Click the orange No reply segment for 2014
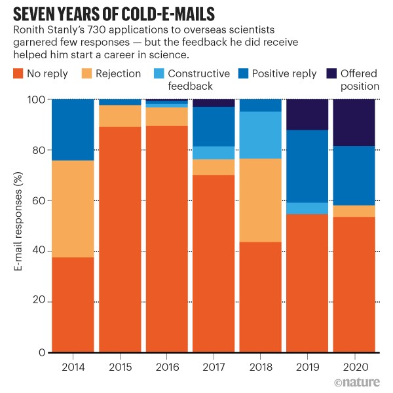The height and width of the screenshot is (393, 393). point(73,305)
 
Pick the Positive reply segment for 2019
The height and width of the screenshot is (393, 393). point(307,166)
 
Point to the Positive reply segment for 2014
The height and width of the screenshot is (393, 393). point(73,130)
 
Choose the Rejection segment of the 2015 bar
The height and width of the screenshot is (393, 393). point(120,116)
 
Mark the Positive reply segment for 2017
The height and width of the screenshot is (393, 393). point(214,126)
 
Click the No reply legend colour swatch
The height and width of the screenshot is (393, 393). point(18,74)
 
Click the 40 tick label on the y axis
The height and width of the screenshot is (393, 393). point(41,251)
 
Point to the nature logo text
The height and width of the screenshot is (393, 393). point(359,382)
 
